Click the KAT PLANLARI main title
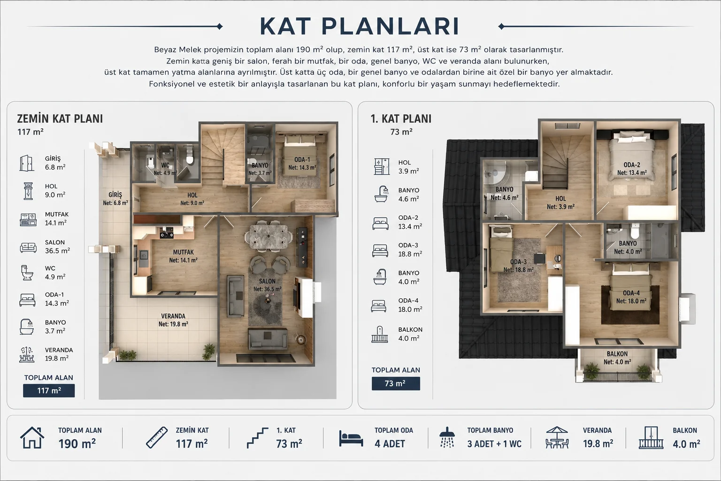pyautogui.click(x=360, y=26)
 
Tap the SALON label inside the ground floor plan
pyautogui.click(x=267, y=281)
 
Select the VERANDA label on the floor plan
pyautogui.click(x=173, y=316)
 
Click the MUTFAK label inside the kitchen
pyautogui.click(x=184, y=252)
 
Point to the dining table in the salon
pyautogui.click(x=268, y=237)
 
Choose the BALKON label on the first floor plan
pyautogui.click(x=617, y=354)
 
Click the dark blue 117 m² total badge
pyautogui.click(x=49, y=390)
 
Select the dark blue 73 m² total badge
pyautogui.click(x=396, y=383)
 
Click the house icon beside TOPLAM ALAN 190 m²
pyautogui.click(x=32, y=437)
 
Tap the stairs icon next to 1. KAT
pyautogui.click(x=258, y=438)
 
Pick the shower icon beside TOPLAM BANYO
pyautogui.click(x=447, y=437)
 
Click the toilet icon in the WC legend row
pyautogui.click(x=27, y=272)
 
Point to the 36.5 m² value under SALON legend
pyautogui.click(x=57, y=251)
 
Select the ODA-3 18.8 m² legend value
pyautogui.click(x=410, y=254)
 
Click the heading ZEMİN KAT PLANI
pyautogui.click(x=60, y=118)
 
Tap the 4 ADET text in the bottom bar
pyautogui.click(x=390, y=443)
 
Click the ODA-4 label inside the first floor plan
pyautogui.click(x=631, y=293)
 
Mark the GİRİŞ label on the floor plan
pyautogui.click(x=115, y=195)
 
